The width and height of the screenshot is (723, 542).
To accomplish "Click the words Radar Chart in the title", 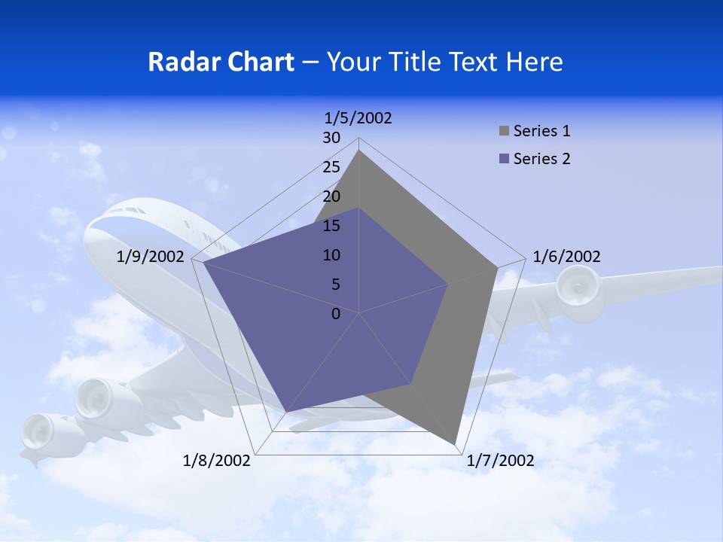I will pos(221,62).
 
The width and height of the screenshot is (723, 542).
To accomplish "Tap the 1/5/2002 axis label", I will pos(358,117).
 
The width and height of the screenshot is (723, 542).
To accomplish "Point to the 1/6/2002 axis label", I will pos(566,257).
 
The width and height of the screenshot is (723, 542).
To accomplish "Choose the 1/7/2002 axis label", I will pos(500,461).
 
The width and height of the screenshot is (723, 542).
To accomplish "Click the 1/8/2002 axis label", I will pos(217,461).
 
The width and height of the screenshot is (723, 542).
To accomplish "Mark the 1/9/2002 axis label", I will pos(151,257).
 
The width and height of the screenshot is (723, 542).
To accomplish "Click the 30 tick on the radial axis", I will pos(331,138).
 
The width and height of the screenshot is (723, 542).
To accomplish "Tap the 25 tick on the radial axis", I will pos(331,167).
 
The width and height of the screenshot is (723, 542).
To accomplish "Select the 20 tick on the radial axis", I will pos(331,196).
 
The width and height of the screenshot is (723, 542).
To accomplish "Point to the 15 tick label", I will pos(331,226).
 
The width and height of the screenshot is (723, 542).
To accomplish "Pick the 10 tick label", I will pos(331,255).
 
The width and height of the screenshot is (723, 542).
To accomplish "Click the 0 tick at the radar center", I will pos(336,314).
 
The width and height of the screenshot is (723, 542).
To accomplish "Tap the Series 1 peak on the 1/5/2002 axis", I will pos(359,151).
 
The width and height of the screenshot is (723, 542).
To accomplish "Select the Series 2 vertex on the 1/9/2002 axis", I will pos(204,263).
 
